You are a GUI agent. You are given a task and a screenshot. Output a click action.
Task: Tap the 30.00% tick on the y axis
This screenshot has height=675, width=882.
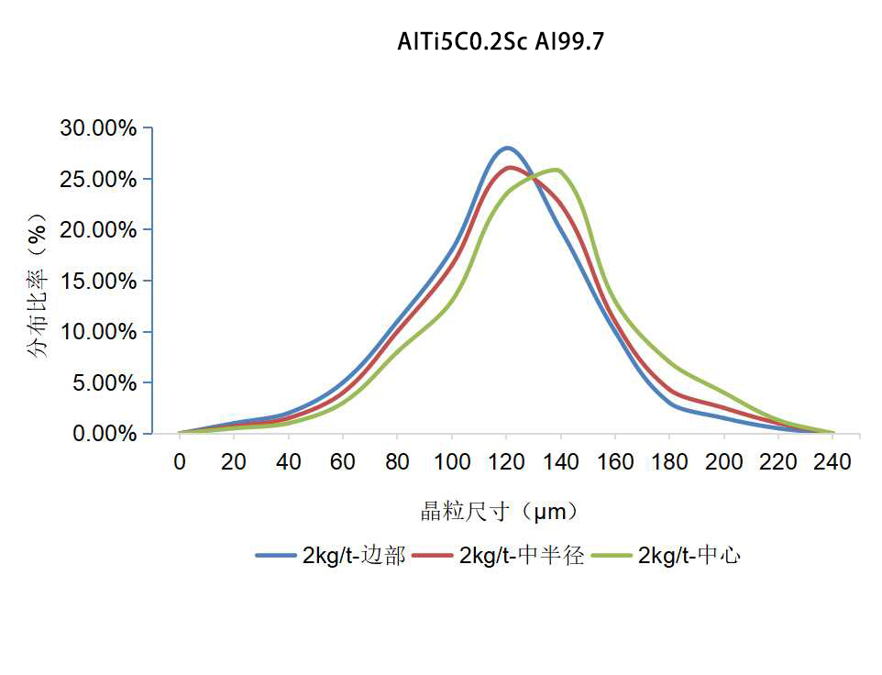tap(99, 128)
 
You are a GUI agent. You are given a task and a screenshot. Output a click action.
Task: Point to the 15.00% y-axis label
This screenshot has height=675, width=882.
tap(99, 281)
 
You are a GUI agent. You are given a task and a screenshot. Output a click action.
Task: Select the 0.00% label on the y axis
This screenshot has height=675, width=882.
tap(103, 433)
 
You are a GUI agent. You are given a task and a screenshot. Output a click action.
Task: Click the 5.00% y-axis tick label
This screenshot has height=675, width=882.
tap(103, 382)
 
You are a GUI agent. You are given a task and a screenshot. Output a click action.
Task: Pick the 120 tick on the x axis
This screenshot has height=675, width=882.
tap(506, 461)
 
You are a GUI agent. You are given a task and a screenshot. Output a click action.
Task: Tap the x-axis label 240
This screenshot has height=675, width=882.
tap(833, 461)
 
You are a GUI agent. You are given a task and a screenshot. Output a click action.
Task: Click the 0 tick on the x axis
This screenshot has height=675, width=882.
tap(180, 461)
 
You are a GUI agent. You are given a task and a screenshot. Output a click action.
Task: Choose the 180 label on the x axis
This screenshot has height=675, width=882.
tap(669, 461)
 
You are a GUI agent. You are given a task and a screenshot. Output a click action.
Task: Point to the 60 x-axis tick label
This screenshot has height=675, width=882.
tap(343, 461)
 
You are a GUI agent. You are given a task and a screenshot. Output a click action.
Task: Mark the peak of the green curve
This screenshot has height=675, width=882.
tap(555, 170)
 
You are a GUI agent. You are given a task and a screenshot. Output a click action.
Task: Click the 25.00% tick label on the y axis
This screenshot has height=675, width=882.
tap(99, 179)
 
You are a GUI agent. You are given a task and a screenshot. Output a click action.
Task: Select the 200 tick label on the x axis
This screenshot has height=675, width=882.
tap(724, 461)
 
